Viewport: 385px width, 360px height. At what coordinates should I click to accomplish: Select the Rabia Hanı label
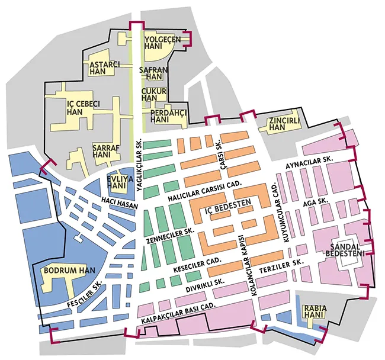(x=312, y=312)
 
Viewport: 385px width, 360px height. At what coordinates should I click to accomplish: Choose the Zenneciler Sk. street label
(x=169, y=236)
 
